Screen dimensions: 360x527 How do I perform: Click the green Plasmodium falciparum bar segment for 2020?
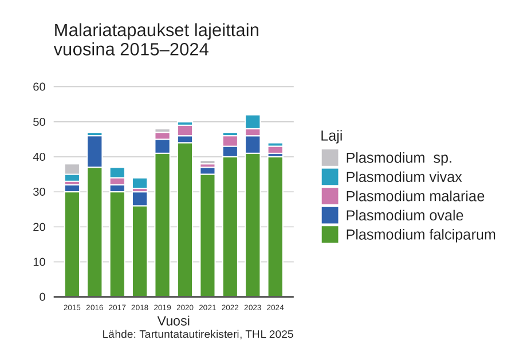(x=185, y=220)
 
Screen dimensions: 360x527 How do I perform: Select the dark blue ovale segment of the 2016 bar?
(x=95, y=151)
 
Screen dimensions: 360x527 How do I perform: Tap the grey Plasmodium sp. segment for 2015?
(x=72, y=169)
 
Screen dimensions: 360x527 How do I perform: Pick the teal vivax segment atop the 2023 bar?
(x=253, y=122)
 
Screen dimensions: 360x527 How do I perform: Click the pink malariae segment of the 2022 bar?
(x=230, y=141)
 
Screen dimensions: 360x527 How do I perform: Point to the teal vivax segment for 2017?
(x=117, y=172)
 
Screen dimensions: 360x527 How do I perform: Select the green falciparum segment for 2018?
(x=140, y=251)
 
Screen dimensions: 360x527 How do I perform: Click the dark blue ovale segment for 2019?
(x=163, y=147)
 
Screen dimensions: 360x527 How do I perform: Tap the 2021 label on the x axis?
(x=207, y=307)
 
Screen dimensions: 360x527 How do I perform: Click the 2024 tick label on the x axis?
(x=275, y=307)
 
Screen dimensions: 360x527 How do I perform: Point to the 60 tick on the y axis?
(x=39, y=87)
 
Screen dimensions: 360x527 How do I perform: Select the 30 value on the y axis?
(x=39, y=192)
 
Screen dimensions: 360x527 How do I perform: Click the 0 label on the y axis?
(x=42, y=296)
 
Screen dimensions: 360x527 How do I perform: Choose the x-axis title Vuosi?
(x=174, y=321)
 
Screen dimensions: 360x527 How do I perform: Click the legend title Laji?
(x=332, y=136)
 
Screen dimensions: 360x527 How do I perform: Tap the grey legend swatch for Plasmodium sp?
(x=330, y=157)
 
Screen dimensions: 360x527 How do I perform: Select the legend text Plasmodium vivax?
(x=404, y=177)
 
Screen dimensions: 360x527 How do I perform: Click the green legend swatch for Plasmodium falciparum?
(x=330, y=234)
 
